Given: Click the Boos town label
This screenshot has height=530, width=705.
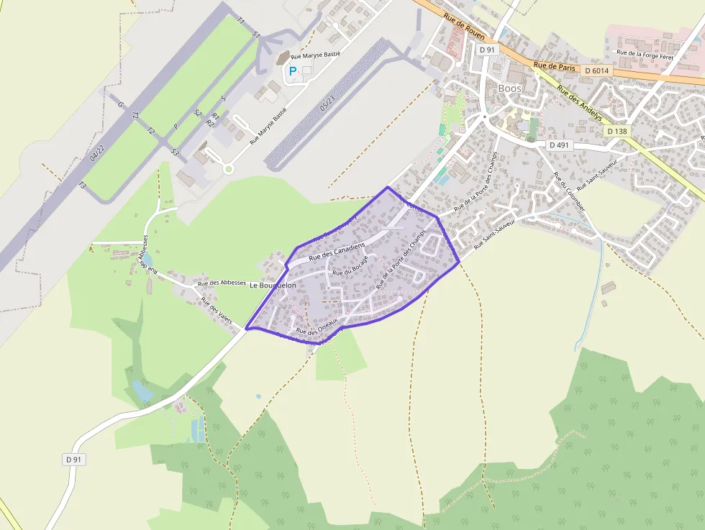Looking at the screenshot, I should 509,88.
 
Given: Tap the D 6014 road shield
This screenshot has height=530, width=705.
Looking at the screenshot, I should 597,70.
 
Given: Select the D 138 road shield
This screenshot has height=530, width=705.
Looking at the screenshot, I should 617,131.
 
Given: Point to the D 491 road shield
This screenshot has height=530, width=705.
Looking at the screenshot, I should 560,145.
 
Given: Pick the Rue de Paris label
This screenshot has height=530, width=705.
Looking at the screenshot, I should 550,65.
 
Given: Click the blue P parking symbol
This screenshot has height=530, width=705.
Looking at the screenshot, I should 292,71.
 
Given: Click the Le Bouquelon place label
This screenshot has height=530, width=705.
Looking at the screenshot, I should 273,285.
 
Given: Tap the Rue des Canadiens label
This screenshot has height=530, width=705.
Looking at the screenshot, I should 337,252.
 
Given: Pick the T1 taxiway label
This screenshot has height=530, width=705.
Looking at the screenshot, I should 241,22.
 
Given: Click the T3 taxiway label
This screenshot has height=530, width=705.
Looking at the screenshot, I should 82,186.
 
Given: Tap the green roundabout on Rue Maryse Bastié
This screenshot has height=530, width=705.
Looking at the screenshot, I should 229,170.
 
